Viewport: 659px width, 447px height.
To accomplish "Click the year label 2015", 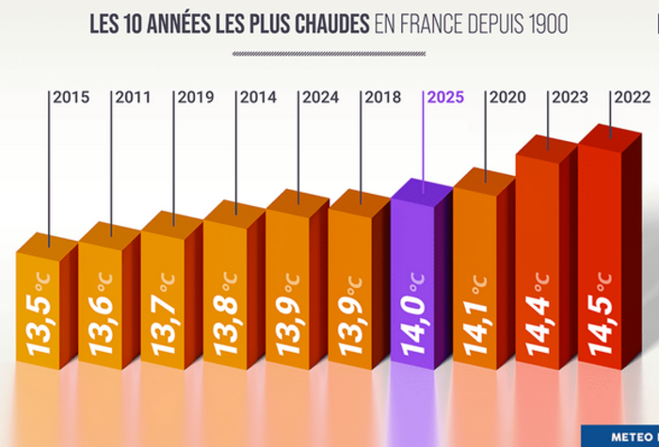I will pyautogui.click(x=72, y=97).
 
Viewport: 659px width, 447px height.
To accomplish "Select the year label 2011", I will pyautogui.click(x=135, y=97).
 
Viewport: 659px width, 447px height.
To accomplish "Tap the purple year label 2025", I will pyautogui.click(x=446, y=97).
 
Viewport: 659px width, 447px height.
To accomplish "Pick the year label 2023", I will pyautogui.click(x=571, y=97).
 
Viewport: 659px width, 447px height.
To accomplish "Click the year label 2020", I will pyautogui.click(x=507, y=97).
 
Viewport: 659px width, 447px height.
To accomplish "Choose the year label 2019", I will pyautogui.click(x=196, y=97).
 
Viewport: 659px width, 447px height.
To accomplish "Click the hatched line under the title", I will pyautogui.click(x=329, y=53).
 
